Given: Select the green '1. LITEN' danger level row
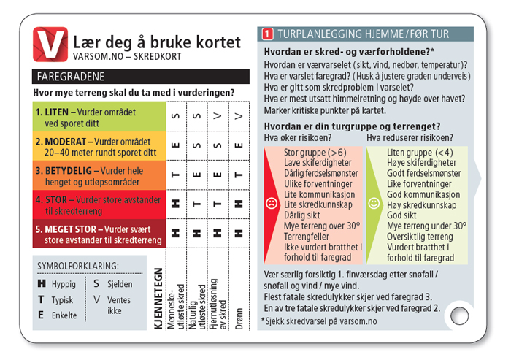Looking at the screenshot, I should pyautogui.click(x=99, y=118).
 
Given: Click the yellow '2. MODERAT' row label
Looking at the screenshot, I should pyautogui.click(x=99, y=147).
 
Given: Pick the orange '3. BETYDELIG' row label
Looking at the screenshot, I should pyautogui.click(x=99, y=175).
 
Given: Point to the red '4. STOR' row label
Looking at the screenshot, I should pyautogui.click(x=99, y=204).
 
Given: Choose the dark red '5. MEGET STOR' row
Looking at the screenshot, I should pyautogui.click(x=99, y=233).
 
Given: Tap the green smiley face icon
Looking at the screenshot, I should pyautogui.click(x=374, y=202).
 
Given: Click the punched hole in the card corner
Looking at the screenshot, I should pyautogui.click(x=459, y=315).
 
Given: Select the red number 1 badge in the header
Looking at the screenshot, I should pyautogui.click(x=267, y=34).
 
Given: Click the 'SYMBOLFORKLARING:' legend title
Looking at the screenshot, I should pyautogui.click(x=79, y=267).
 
